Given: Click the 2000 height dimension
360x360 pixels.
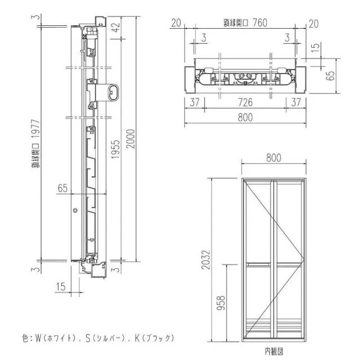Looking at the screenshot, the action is click(x=130, y=139).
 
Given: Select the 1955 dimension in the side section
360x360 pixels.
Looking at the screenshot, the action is click(x=116, y=149).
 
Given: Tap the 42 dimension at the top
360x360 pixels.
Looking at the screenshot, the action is click(x=116, y=27).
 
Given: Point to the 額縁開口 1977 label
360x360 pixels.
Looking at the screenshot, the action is click(x=36, y=144).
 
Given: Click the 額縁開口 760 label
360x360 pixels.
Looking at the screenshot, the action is click(x=245, y=22).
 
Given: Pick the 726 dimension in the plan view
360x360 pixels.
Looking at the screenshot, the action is click(x=245, y=102).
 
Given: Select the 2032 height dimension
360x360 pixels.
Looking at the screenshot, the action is click(x=206, y=260).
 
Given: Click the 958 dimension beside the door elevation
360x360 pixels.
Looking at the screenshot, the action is click(x=221, y=303).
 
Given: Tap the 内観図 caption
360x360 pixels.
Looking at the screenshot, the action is click(x=274, y=351).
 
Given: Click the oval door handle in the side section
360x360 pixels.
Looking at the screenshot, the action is click(x=114, y=92).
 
